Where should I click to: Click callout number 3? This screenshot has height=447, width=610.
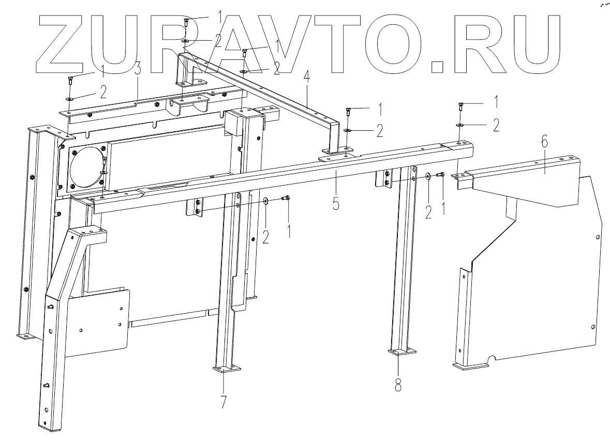point(138,70)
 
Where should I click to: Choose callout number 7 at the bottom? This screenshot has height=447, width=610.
point(224,402)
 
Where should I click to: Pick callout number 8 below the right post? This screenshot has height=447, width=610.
point(397,385)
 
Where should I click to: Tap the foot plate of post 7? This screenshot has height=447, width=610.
point(227,369)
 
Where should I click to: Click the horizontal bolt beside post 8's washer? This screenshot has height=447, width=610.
point(441,176)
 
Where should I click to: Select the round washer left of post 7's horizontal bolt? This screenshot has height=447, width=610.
point(265,201)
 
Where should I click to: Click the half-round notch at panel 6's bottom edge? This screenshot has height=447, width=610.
point(492,358)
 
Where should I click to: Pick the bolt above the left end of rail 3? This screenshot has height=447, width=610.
point(70,80)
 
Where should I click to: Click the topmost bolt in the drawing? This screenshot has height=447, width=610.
point(186,21)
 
